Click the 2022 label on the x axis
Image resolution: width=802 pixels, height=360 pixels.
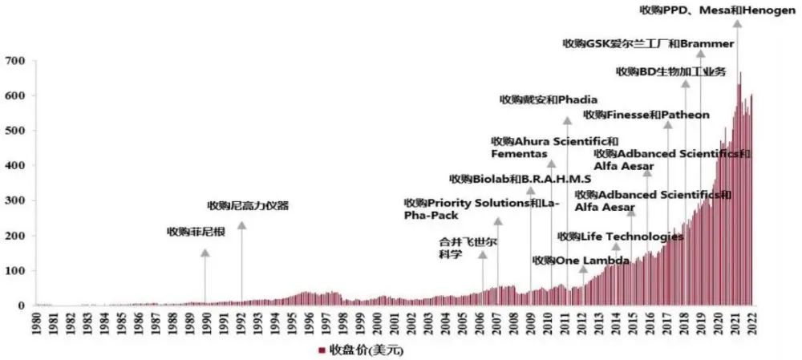(x=751, y=324)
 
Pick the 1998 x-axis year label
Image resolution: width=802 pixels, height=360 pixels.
(x=343, y=324)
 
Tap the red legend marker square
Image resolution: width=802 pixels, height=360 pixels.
(x=322, y=350)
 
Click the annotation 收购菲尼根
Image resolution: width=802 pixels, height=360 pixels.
(x=196, y=233)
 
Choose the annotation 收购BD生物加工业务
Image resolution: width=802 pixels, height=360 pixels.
(x=670, y=71)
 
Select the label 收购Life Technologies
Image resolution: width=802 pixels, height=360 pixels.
(x=620, y=237)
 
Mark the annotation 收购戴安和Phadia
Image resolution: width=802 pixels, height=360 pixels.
(x=549, y=100)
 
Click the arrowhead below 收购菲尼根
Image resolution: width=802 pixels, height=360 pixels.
(x=205, y=253)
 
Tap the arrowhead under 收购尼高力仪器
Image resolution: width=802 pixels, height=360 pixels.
(x=241, y=227)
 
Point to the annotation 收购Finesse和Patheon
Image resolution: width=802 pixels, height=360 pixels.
(x=646, y=115)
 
